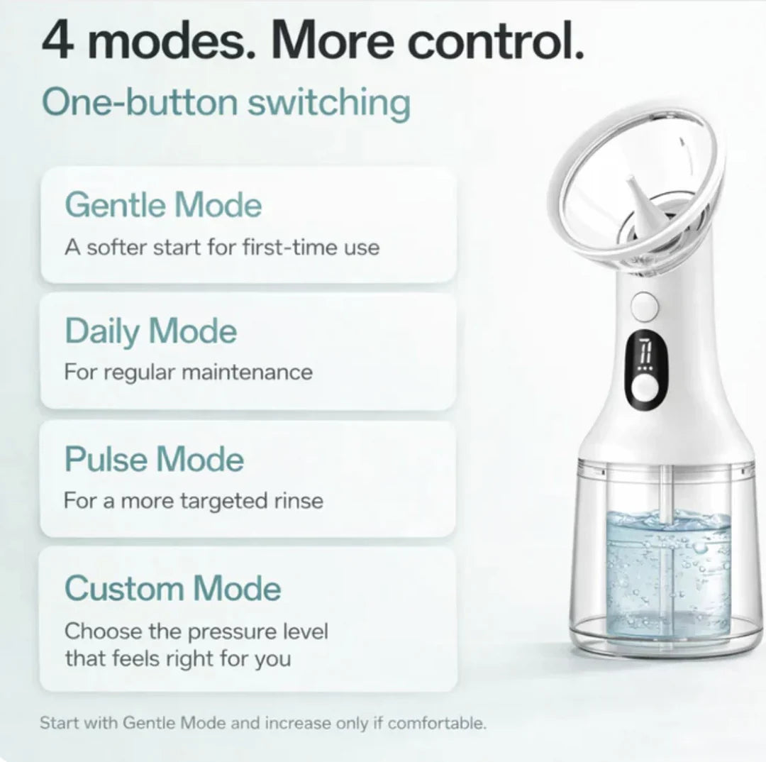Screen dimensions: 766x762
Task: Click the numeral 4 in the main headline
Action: pyautogui.click(x=57, y=40)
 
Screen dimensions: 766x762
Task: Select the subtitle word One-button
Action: pyautogui.click(x=140, y=102)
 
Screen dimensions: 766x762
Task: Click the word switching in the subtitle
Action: pyautogui.click(x=329, y=103)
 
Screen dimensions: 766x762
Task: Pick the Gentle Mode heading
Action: pyautogui.click(x=163, y=204)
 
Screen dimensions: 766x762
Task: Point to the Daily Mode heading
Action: pyautogui.click(x=150, y=331)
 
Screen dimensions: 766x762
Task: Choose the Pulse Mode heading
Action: pyautogui.click(x=154, y=459)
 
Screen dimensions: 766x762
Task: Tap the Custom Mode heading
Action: pyautogui.click(x=173, y=588)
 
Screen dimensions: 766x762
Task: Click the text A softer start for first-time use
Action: pyautogui.click(x=222, y=248)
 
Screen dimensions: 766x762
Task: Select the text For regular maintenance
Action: pyautogui.click(x=188, y=372)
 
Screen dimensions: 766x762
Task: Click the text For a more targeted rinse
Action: pyautogui.click(x=194, y=501)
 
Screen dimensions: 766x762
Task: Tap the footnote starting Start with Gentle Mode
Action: pyautogui.click(x=263, y=723)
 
